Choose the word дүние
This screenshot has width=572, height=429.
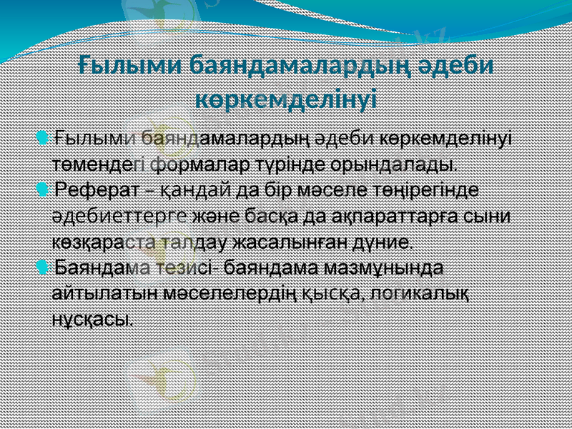coord(380,242)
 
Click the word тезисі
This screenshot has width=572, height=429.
coord(185,268)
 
